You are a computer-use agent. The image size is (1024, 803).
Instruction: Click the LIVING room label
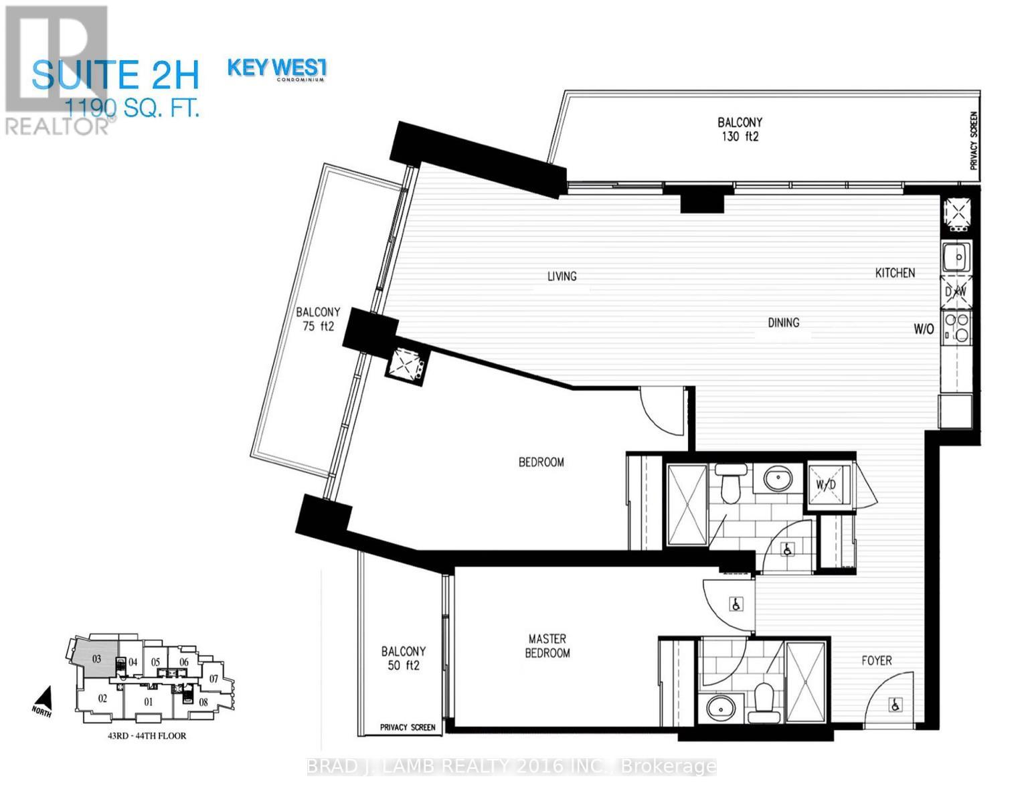coord(562,276)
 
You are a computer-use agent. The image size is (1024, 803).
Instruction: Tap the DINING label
coord(783,323)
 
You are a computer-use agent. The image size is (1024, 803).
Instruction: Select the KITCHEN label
coord(895,273)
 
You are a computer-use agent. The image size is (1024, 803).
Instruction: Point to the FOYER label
coord(876,660)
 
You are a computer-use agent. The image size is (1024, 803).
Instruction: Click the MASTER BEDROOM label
coord(547,646)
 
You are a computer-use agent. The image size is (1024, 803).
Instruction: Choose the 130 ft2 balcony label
coord(740,130)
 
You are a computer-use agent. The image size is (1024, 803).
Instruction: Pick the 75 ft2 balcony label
coord(318,319)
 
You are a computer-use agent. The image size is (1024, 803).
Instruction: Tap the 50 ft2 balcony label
coord(403,658)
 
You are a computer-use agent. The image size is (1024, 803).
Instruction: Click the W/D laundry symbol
coord(824,484)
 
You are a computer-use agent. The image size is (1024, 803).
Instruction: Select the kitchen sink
coord(958,257)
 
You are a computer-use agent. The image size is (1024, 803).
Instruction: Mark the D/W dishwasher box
coord(956,292)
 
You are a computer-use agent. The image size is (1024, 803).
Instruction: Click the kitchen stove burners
coord(957,327)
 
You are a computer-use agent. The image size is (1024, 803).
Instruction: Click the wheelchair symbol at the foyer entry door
coord(894,704)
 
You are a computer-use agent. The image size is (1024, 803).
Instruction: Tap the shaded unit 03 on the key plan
coord(96,658)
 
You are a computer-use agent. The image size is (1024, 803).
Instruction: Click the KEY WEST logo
coord(277,69)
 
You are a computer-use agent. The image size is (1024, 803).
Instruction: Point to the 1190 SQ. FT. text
coord(132,108)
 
